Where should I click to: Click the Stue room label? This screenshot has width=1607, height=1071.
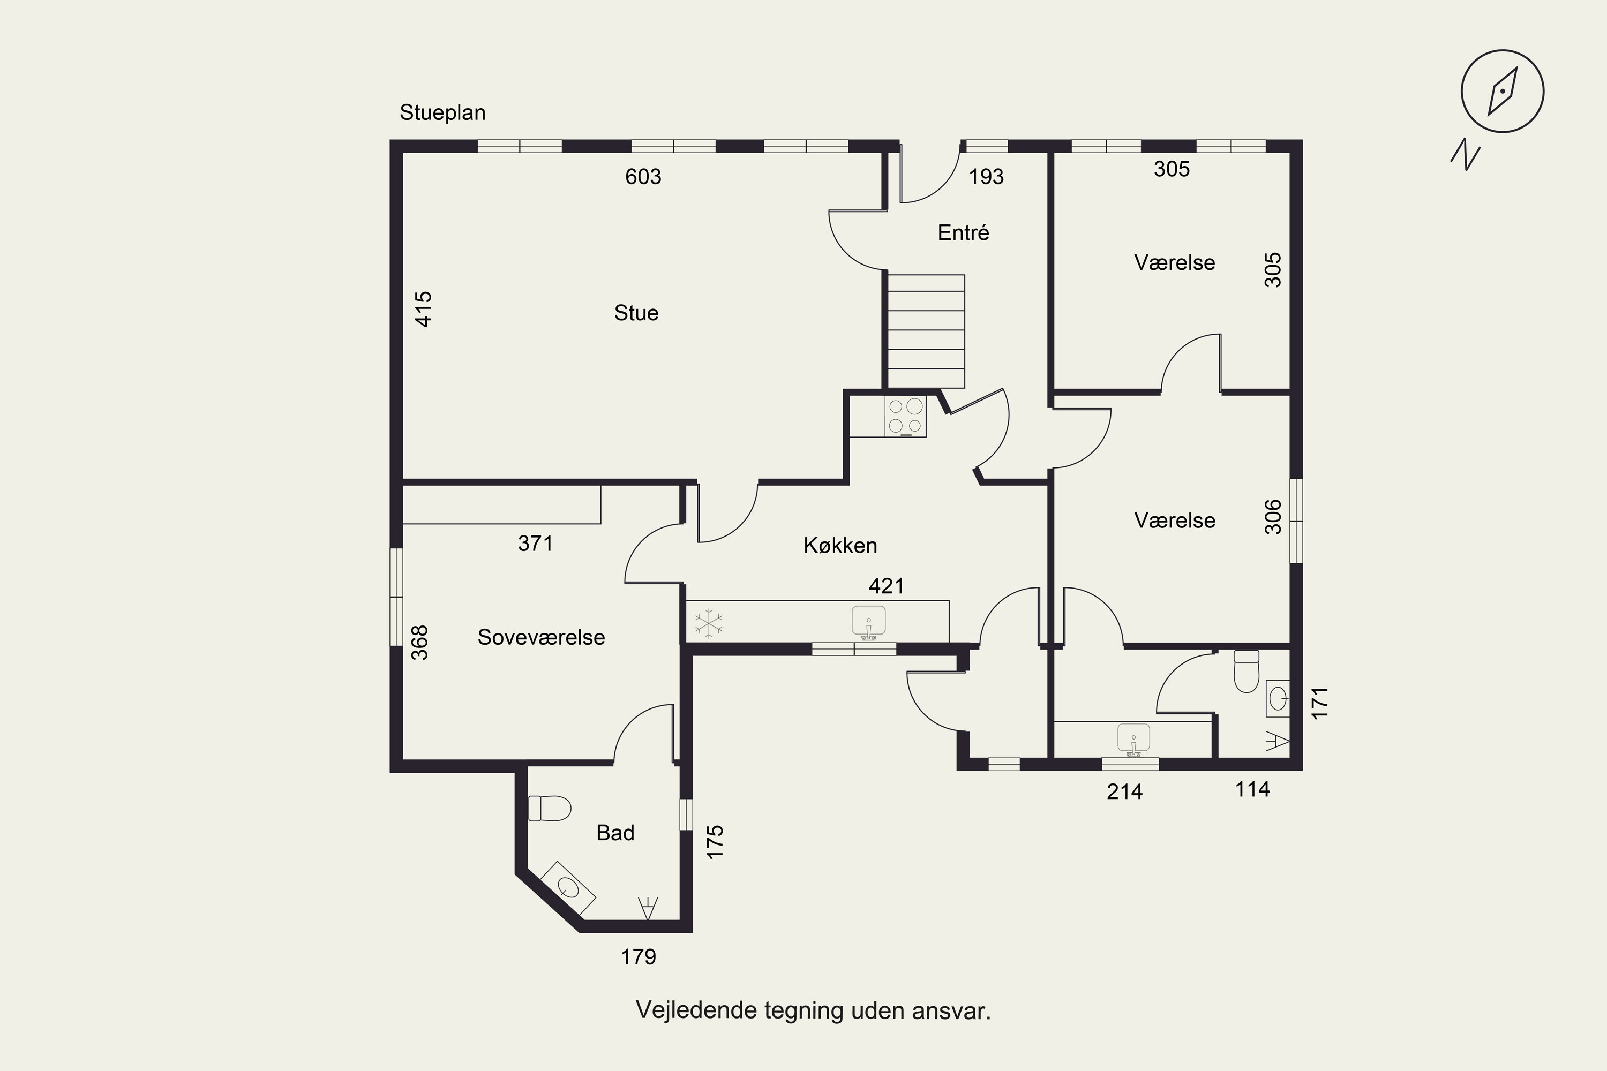pyautogui.click(x=636, y=313)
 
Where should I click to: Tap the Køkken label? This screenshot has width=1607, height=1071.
pyautogui.click(x=840, y=545)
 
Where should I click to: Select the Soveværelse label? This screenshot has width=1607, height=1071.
pyautogui.click(x=541, y=637)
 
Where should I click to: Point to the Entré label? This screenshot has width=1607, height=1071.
pyautogui.click(x=963, y=233)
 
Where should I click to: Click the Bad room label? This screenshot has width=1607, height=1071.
pyautogui.click(x=615, y=833)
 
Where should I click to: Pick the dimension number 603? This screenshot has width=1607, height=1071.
pyautogui.click(x=643, y=177)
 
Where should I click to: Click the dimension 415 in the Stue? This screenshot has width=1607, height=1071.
pyautogui.click(x=424, y=310)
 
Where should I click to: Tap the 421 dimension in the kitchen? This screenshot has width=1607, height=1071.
pyautogui.click(x=886, y=586)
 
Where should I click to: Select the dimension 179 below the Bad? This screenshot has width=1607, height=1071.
pyautogui.click(x=638, y=957)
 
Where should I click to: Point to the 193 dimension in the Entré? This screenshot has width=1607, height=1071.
pyautogui.click(x=986, y=177)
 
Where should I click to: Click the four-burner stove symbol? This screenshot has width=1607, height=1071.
pyautogui.click(x=905, y=416)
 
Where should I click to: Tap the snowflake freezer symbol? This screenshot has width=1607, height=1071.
pyautogui.click(x=709, y=623)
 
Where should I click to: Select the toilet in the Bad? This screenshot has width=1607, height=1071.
pyautogui.click(x=550, y=808)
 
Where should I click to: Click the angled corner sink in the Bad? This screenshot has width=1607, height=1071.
pyautogui.click(x=568, y=888)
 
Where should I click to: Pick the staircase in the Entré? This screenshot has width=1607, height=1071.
pyautogui.click(x=926, y=331)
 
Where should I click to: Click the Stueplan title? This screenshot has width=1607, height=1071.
pyautogui.click(x=443, y=112)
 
